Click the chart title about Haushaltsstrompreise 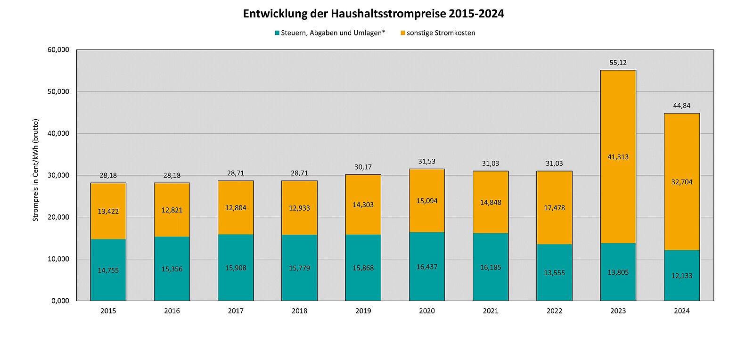tap(373, 14)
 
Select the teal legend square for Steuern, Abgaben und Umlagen tap(277, 33)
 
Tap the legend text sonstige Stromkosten tap(441, 33)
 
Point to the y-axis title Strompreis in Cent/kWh tap(35, 170)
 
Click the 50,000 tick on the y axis tap(58, 91)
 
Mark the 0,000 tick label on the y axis tap(60, 301)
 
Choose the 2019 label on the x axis tap(363, 311)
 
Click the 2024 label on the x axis tap(681, 311)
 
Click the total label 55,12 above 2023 tap(618, 63)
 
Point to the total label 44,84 tap(681, 106)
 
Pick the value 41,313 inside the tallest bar tap(618, 157)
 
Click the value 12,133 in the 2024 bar tap(681, 276)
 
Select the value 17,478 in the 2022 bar tap(554, 208)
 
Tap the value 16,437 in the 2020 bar tap(426, 267)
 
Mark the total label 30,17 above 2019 tap(363, 167)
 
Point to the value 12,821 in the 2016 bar tap(172, 210)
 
